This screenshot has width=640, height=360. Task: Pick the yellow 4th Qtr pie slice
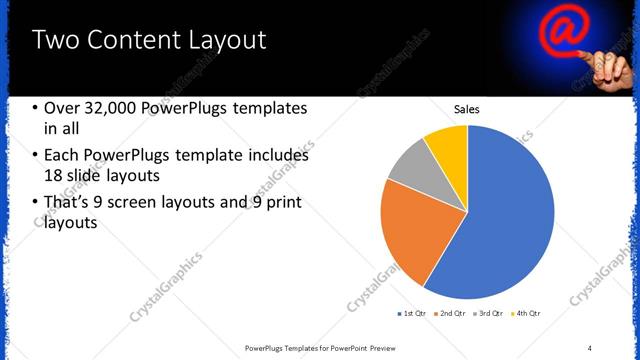[x=447, y=145]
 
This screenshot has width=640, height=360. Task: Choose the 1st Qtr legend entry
[x=413, y=314]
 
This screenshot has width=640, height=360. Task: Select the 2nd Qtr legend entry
[x=452, y=314]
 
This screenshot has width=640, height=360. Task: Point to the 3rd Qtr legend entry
[x=491, y=314]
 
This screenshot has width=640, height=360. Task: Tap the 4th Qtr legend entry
[x=527, y=314]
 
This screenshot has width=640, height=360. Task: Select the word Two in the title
[x=55, y=41]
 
